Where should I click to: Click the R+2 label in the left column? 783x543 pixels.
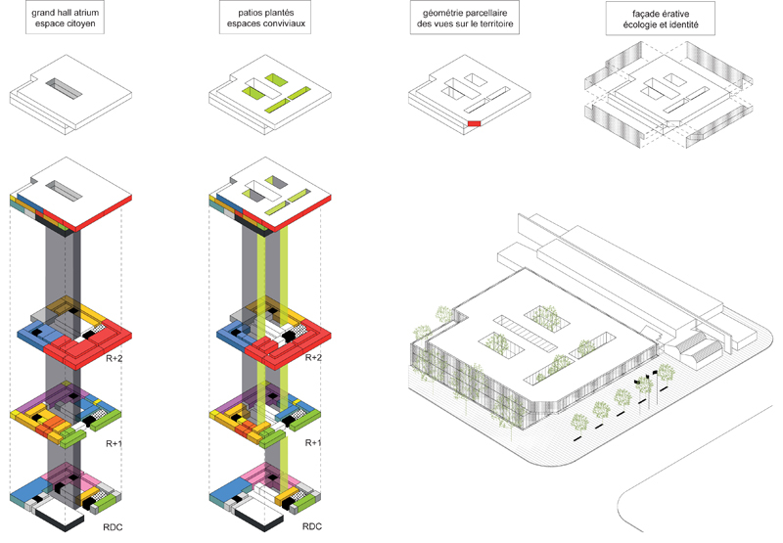pyautogui.click(x=115, y=359)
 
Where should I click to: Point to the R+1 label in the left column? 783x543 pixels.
pyautogui.click(x=115, y=443)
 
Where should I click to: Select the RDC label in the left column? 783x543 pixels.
pyautogui.click(x=115, y=527)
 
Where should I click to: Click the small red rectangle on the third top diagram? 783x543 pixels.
pyautogui.click(x=474, y=123)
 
